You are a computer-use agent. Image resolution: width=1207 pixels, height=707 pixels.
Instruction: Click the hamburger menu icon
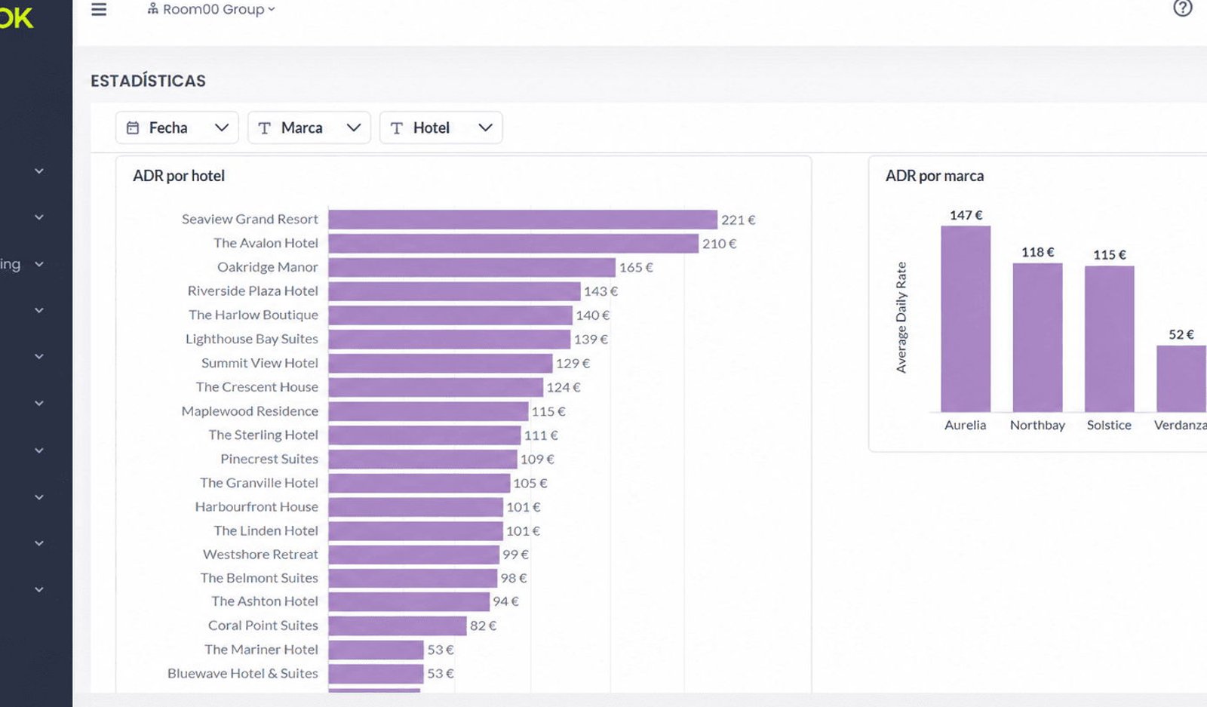tap(99, 9)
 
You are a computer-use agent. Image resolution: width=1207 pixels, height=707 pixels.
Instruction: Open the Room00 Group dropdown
tap(211, 9)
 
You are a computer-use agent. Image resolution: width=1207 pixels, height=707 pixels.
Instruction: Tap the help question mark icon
tap(1182, 8)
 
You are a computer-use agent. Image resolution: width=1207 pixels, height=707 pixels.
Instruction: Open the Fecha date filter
tap(177, 128)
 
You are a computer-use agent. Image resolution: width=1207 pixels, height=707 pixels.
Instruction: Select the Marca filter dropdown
tap(309, 128)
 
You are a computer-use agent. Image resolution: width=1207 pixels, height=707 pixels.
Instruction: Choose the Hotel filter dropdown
tap(441, 128)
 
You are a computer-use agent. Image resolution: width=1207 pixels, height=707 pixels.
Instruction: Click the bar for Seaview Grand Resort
tap(523, 220)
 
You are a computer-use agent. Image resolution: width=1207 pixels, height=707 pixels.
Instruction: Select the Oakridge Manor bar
tap(472, 267)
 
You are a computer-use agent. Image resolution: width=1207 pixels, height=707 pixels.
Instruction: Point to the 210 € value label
tap(719, 244)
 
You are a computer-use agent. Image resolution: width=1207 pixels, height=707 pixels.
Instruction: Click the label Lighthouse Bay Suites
tap(252, 339)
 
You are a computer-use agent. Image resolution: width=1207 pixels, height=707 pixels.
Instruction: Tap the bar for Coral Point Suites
tap(397, 626)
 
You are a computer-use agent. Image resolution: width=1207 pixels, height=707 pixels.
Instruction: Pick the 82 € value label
tap(483, 626)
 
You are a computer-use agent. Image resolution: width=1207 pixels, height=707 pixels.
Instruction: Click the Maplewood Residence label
tap(250, 411)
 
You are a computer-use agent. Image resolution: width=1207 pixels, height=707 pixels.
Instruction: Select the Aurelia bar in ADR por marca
tap(966, 319)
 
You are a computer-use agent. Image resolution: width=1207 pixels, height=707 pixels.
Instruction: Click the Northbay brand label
tap(1037, 425)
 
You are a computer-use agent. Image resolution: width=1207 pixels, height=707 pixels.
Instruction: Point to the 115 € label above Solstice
tap(1110, 254)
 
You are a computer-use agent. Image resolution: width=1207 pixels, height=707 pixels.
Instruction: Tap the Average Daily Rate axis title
tap(901, 318)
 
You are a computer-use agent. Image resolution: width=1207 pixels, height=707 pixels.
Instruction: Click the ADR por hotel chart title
tap(179, 176)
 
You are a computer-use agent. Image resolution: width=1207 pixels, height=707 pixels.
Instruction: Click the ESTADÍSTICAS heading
tap(148, 81)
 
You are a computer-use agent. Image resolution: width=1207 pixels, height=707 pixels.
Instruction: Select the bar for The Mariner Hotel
tap(376, 650)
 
